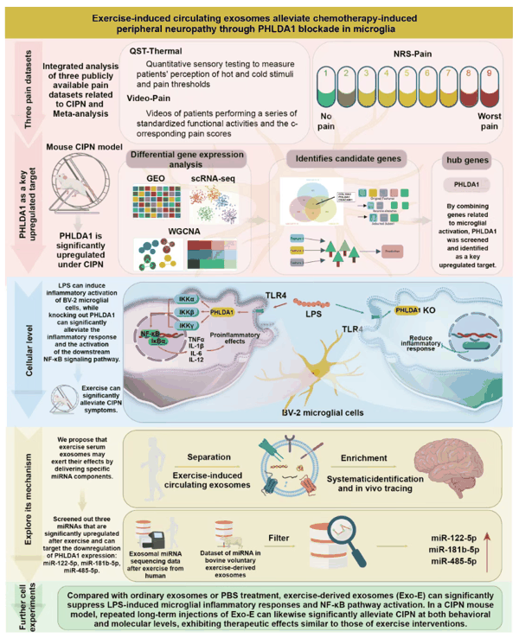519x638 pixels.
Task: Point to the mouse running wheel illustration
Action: (74, 191)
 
